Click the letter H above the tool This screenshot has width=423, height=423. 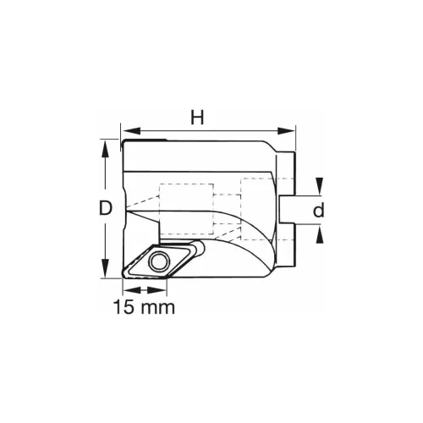[x=197, y=118]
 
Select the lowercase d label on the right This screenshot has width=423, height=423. [x=318, y=211]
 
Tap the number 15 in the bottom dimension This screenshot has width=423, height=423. [x=124, y=306]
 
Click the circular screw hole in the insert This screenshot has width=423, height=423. [x=157, y=262]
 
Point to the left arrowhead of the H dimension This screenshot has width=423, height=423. [x=127, y=131]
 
